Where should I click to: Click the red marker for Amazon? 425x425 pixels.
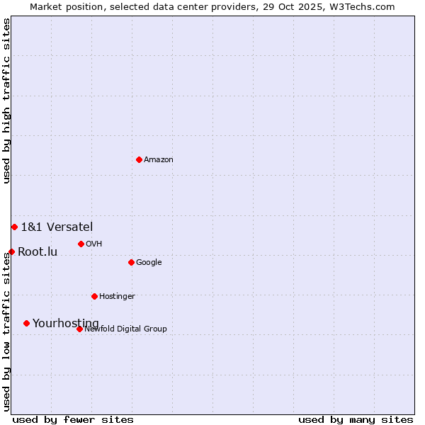(x=139, y=159)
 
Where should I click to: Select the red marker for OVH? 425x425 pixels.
(x=81, y=244)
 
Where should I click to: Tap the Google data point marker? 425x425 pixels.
(x=131, y=262)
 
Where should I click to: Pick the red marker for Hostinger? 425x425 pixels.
(x=94, y=296)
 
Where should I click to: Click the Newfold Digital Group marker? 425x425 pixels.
(x=79, y=329)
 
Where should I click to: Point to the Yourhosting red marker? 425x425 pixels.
(x=26, y=323)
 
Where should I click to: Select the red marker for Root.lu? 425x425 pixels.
(x=11, y=251)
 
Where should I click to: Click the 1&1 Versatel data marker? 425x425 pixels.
(x=14, y=227)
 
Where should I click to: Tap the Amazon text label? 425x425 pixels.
(x=159, y=160)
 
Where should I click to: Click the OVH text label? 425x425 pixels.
(x=94, y=244)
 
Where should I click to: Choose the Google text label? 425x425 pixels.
(x=149, y=263)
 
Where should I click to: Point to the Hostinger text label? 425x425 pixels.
(x=117, y=297)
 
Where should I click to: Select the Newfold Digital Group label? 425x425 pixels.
(x=125, y=329)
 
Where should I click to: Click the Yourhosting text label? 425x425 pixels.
(x=66, y=324)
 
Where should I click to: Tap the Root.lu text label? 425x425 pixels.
(x=38, y=252)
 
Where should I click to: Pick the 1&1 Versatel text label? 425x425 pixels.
(x=57, y=227)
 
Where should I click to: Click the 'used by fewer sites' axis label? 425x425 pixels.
(x=73, y=419)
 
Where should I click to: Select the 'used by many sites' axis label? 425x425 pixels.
(x=356, y=419)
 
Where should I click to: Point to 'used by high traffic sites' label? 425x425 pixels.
(x=6, y=101)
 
